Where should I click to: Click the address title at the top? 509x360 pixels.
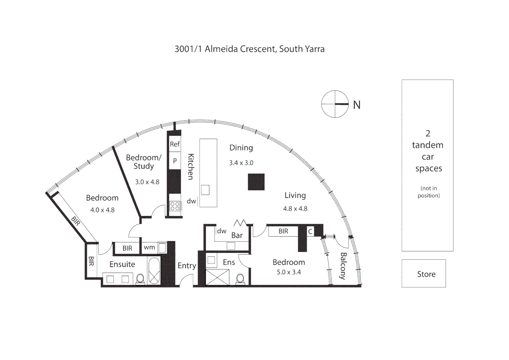[x=249, y=49]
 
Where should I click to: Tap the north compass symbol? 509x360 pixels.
[x=334, y=104]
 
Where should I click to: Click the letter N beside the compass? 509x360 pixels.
[x=357, y=105]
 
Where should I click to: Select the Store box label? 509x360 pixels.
[x=426, y=274]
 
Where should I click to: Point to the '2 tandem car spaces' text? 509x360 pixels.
[x=428, y=151]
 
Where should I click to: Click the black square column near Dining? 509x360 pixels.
[x=256, y=182]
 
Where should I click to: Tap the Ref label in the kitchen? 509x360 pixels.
[x=175, y=144]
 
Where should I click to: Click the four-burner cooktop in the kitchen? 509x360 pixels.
[x=175, y=206]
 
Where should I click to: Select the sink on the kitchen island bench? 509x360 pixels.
[x=205, y=190]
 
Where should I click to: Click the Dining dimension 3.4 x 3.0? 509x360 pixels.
[x=241, y=163]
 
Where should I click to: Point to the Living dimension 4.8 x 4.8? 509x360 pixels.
[x=295, y=209]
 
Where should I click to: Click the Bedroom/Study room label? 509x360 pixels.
[x=144, y=162]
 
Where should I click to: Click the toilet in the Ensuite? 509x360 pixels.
[x=140, y=279]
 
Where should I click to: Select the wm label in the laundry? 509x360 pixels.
[x=149, y=247]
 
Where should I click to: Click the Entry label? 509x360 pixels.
[x=187, y=266]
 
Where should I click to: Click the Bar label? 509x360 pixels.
[x=237, y=235]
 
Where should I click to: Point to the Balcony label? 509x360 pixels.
[x=343, y=266]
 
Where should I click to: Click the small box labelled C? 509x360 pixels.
[x=310, y=231]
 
